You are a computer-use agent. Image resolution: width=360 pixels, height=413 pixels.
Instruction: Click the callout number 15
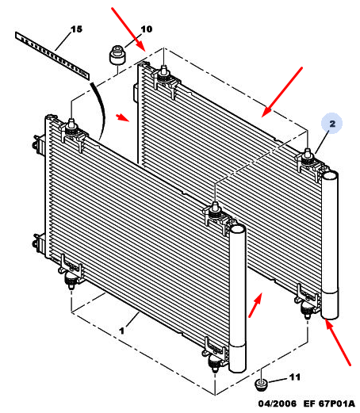click(77, 29)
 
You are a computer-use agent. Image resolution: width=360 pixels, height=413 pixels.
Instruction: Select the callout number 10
click(147, 29)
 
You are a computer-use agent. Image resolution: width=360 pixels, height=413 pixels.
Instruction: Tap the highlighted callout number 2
click(332, 124)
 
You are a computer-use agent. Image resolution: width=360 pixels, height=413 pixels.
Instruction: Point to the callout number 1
click(121, 331)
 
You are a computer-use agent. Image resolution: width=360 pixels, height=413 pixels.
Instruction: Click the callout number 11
click(295, 377)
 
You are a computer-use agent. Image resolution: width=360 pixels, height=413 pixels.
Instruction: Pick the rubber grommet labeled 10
click(117, 55)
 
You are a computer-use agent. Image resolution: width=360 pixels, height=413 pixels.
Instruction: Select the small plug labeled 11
click(261, 384)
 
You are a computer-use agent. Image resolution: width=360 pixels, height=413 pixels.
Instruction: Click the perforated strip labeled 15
click(52, 55)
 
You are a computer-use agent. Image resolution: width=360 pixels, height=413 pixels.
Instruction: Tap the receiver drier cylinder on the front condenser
click(238, 299)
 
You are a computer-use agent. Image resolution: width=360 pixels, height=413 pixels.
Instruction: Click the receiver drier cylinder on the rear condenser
click(330, 245)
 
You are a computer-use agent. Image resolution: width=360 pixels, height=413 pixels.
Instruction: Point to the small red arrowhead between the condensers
click(122, 117)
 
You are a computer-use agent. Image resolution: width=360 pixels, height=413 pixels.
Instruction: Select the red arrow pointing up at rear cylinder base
click(338, 342)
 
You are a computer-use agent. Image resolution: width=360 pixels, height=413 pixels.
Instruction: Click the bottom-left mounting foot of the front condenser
click(71, 281)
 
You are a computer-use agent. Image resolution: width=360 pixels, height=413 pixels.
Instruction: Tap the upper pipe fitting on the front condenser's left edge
click(37, 143)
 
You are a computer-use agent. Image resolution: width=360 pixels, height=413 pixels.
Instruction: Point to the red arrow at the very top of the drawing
click(128, 29)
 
